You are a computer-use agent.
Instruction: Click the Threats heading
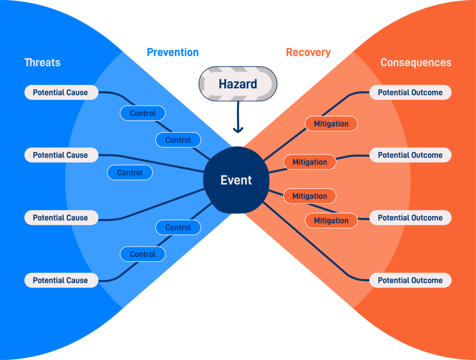pos(42,62)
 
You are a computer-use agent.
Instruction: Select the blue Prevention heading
pos(172,52)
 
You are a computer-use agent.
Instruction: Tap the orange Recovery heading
pos(308,52)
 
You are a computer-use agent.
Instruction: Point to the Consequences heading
pos(416,62)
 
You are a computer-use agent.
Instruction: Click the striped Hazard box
pos(238,84)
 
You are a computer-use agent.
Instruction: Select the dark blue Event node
pos(236,180)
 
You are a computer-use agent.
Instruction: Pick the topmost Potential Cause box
pos(61,92)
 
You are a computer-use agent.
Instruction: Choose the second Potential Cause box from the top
pos(61,155)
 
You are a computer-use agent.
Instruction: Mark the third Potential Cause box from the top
pos(61,217)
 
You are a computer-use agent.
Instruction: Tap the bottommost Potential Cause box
pos(61,280)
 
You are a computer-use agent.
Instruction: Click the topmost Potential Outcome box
pos(410,92)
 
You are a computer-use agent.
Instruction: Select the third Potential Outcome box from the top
pos(410,217)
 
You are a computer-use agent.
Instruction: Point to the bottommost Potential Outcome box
pos(410,280)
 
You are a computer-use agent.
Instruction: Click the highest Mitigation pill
pos(331,124)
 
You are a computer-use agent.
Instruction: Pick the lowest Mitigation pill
pos(331,221)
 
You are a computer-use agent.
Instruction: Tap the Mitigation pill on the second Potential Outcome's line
pos(310,162)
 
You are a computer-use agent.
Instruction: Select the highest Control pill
pos(143,113)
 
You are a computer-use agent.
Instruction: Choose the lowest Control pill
pos(143,254)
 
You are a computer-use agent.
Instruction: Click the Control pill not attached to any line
pos(130,172)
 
